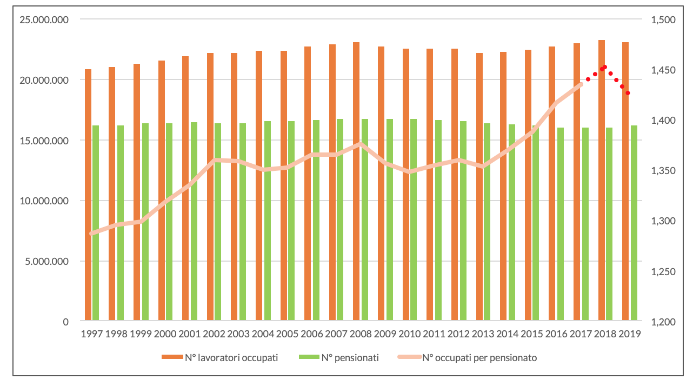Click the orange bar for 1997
click(x=88, y=195)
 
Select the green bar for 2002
click(x=218, y=222)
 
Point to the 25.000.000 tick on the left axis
click(x=44, y=19)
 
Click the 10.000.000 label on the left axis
click(x=44, y=201)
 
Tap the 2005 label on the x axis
click(x=287, y=334)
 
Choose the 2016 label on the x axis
click(x=556, y=334)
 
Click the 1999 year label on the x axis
click(x=141, y=334)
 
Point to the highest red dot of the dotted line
click(x=604, y=67)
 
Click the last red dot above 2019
click(x=628, y=93)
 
